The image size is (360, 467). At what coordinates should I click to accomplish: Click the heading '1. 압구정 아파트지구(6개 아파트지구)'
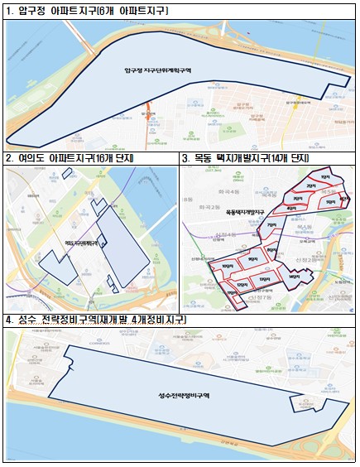pos(86,12)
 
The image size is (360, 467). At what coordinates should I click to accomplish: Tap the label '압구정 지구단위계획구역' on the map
pos(156,72)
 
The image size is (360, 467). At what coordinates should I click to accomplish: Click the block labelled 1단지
pos(323,176)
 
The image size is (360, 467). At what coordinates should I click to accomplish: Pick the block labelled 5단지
pos(331,201)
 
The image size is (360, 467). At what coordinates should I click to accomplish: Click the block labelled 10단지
pos(224,265)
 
